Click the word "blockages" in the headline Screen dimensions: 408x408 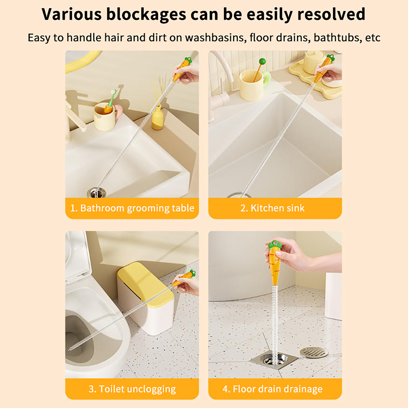(x=146, y=15)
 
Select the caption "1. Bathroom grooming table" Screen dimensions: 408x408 (x=132, y=208)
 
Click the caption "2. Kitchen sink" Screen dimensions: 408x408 (x=272, y=208)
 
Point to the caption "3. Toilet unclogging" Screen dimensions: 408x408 (x=132, y=389)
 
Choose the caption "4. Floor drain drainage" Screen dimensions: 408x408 (x=272, y=389)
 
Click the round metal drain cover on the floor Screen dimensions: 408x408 (x=313, y=352)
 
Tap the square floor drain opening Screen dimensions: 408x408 (x=274, y=359)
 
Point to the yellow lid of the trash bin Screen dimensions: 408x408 (x=146, y=284)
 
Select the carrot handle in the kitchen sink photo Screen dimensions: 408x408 (x=324, y=67)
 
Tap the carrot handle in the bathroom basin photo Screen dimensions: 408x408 (x=182, y=69)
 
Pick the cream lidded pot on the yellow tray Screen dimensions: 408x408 (x=314, y=62)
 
